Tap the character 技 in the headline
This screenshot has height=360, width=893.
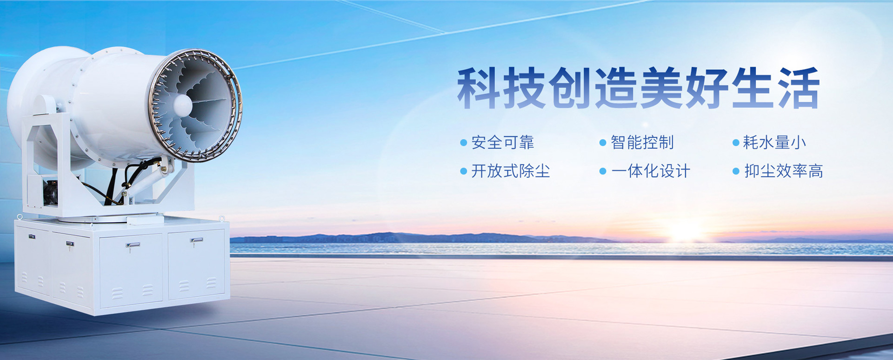[524, 88]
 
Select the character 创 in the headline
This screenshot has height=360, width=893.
[569, 88]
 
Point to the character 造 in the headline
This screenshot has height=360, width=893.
[615, 88]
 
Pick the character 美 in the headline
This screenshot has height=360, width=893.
[660, 88]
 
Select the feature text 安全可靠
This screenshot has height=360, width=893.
[503, 142]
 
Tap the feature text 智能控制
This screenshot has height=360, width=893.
[642, 142]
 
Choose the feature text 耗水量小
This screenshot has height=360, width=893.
[774, 142]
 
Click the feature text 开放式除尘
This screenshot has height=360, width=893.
[511, 171]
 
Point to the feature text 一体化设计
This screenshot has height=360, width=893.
[651, 171]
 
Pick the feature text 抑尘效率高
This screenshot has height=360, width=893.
[784, 171]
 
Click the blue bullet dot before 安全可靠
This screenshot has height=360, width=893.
[463, 143]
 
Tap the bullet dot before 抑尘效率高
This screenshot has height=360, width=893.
[736, 171]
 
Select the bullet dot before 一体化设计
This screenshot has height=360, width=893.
[603, 171]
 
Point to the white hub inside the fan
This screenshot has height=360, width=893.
[182, 105]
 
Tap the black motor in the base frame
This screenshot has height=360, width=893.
[50, 192]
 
